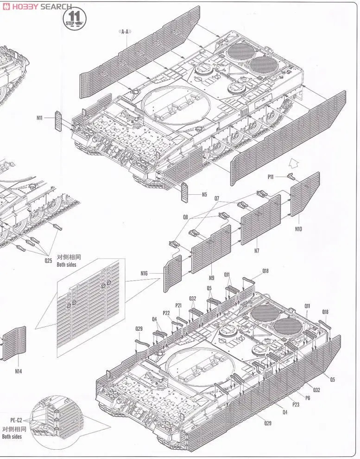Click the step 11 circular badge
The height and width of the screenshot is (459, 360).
click(x=75, y=19)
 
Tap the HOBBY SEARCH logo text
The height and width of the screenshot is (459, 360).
click(x=37, y=6)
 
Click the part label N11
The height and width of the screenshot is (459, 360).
click(x=39, y=118)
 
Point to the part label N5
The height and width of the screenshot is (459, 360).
click(x=204, y=194)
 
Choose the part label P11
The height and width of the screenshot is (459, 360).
click(x=272, y=177)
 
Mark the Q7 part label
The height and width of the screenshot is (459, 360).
click(x=217, y=198)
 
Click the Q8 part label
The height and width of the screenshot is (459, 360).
click(x=185, y=217)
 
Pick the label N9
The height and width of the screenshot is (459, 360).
click(x=211, y=278)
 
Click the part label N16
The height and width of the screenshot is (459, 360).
click(x=144, y=273)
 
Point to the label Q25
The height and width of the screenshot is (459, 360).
click(x=48, y=261)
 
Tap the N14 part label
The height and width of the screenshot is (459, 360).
click(x=18, y=371)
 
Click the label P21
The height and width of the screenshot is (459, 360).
click(x=179, y=305)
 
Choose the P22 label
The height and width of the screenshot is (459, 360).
click(x=166, y=313)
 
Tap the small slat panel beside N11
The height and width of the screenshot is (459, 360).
click(x=58, y=121)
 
